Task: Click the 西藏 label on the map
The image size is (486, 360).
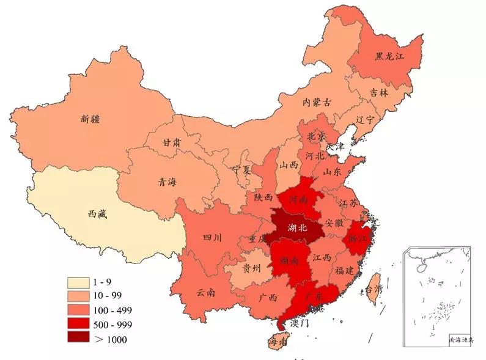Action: [x=98, y=214]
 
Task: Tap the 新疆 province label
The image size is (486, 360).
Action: [x=90, y=119]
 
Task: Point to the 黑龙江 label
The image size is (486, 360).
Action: [x=390, y=56]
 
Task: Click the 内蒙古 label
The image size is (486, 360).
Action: [x=317, y=103]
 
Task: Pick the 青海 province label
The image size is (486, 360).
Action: [x=167, y=182]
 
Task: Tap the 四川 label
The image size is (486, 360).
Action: [x=212, y=238]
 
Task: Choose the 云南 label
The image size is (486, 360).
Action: [x=206, y=292]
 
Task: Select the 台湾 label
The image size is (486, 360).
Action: [x=373, y=288]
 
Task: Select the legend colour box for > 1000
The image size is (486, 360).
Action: [x=78, y=339]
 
